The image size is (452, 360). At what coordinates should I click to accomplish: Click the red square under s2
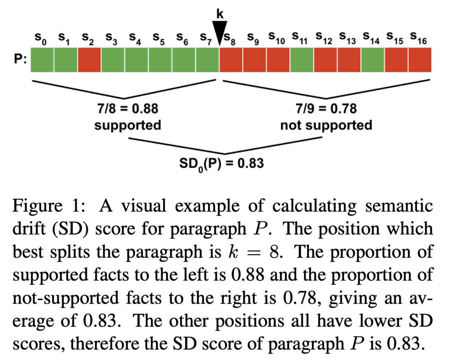[x=89, y=60]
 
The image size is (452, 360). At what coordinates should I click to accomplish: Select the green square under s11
[x=302, y=60]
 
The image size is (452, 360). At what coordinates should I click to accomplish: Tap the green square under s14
[x=373, y=60]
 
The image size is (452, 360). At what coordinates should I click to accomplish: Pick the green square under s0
[x=42, y=60]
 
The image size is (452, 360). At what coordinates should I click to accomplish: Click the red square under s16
[x=420, y=60]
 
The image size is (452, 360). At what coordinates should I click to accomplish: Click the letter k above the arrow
[x=220, y=14]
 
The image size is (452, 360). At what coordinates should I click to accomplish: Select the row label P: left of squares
[x=20, y=59]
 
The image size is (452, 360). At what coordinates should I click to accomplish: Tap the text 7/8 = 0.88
[x=128, y=108]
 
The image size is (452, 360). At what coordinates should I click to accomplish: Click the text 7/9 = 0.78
[x=326, y=108]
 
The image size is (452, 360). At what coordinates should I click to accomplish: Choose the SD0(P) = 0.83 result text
[x=221, y=164]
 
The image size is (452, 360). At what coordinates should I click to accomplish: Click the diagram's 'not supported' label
[x=326, y=125]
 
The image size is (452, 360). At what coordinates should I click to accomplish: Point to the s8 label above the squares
[x=229, y=38]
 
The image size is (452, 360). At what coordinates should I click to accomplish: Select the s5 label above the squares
[x=158, y=38]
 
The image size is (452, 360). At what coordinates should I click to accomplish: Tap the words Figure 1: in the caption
[x=49, y=206]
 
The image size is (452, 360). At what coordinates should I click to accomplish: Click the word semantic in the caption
[x=399, y=206]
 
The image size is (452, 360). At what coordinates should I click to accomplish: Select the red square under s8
[x=231, y=60]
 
